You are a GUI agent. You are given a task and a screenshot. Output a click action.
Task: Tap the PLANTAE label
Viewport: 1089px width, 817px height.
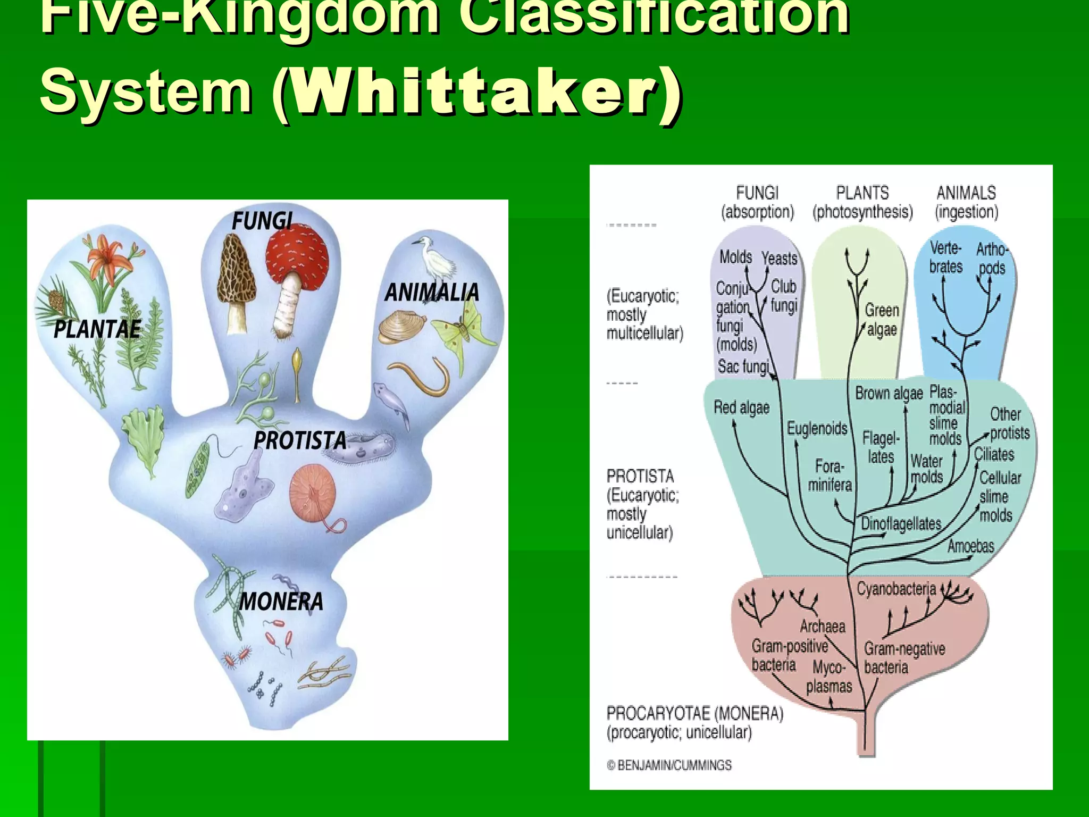tap(97, 330)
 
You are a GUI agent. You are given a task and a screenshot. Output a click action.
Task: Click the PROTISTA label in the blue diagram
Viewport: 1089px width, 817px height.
tap(299, 441)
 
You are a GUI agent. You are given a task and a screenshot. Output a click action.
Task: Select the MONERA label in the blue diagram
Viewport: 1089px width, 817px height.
tap(281, 602)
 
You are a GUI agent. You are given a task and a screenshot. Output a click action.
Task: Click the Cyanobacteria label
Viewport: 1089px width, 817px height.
tap(896, 589)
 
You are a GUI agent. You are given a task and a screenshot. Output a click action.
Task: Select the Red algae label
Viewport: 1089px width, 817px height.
tap(741, 408)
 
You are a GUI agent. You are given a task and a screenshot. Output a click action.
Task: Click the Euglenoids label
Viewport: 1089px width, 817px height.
tap(817, 428)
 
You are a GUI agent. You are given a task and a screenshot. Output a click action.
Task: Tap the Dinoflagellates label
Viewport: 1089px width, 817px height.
tap(901, 523)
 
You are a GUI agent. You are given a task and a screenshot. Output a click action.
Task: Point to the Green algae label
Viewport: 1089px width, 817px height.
tap(882, 320)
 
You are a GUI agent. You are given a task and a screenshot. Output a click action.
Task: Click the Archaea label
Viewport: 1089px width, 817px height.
tap(822, 626)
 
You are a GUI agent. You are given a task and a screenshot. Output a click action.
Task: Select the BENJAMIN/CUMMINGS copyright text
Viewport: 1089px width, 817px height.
tap(669, 765)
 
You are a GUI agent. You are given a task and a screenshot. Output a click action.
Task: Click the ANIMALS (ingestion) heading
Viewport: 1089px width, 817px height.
tap(966, 202)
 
